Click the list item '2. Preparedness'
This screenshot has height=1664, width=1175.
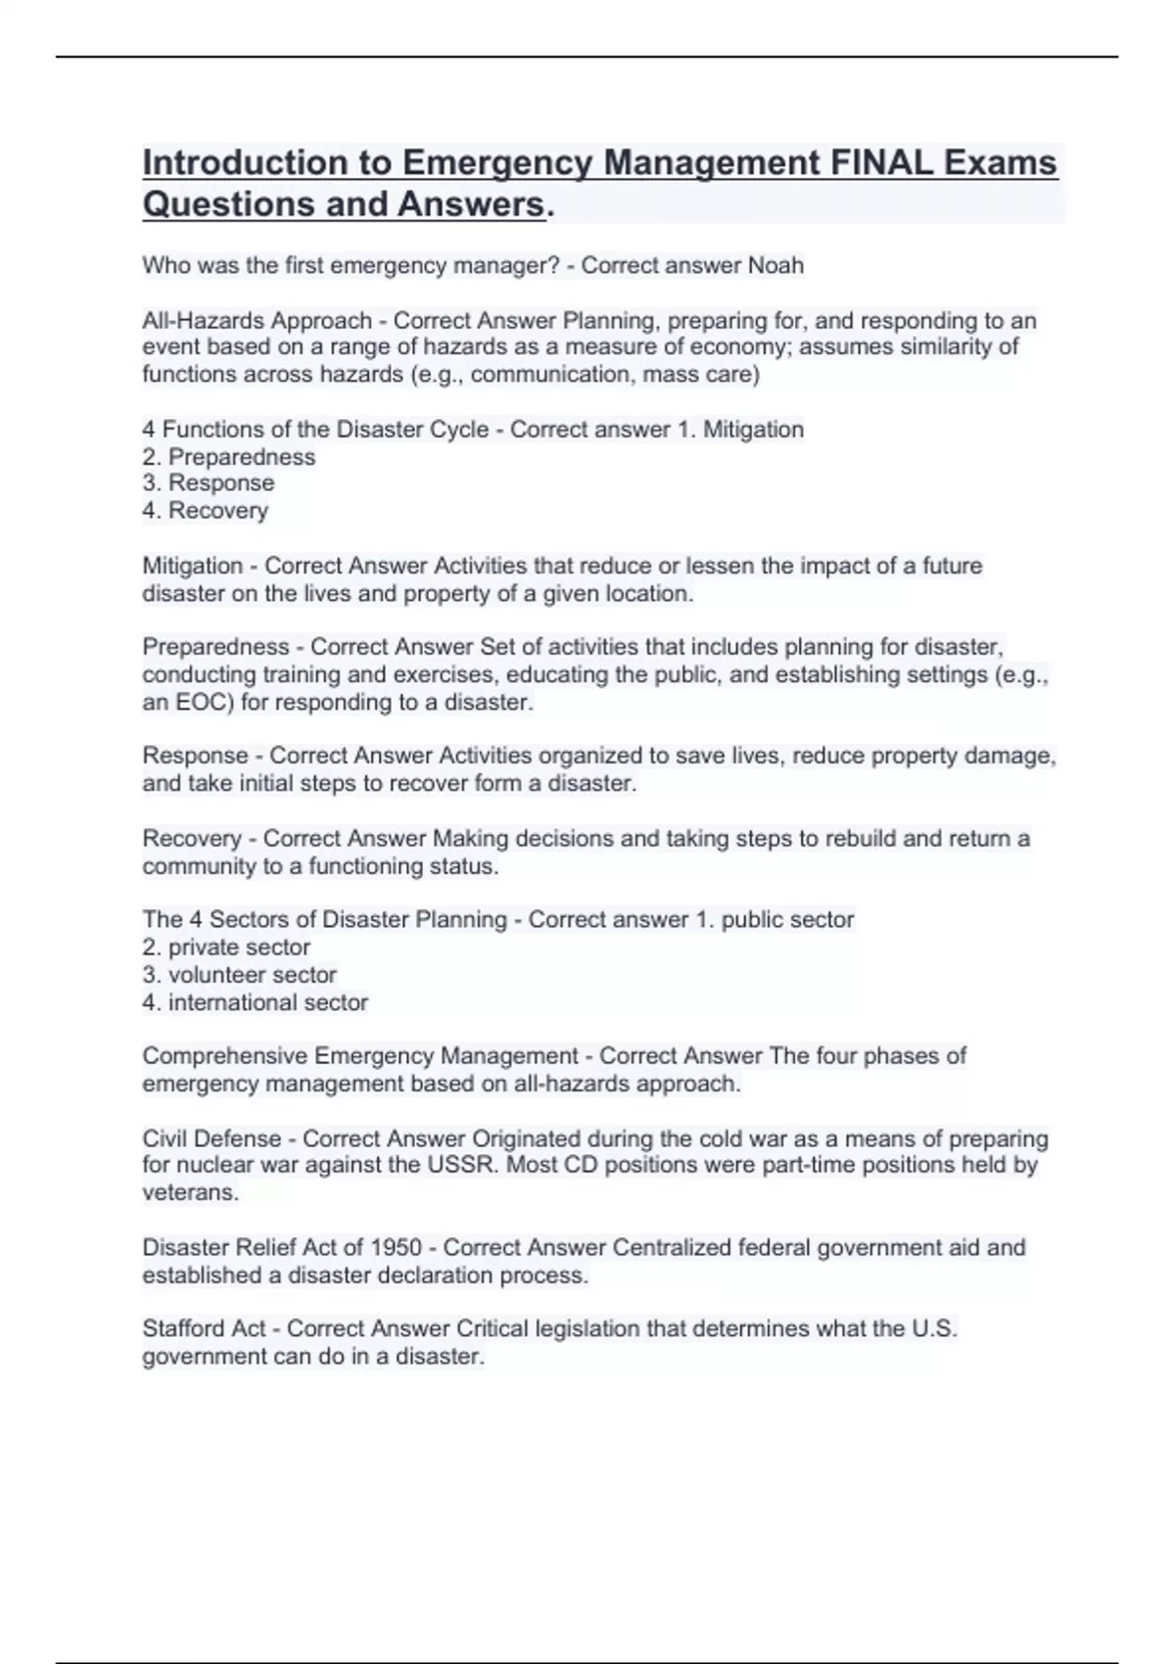click(x=229, y=457)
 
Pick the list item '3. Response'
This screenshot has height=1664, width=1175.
click(x=209, y=484)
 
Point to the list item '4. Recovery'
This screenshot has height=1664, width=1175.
click(x=206, y=511)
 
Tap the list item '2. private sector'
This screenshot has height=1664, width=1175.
click(x=226, y=948)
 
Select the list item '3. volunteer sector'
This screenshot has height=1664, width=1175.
click(x=240, y=975)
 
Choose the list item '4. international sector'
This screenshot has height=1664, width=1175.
click(x=256, y=1002)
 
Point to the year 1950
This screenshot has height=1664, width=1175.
click(x=396, y=1248)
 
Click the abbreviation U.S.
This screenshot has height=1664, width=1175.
click(x=933, y=1329)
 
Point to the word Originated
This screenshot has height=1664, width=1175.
click(x=527, y=1139)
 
